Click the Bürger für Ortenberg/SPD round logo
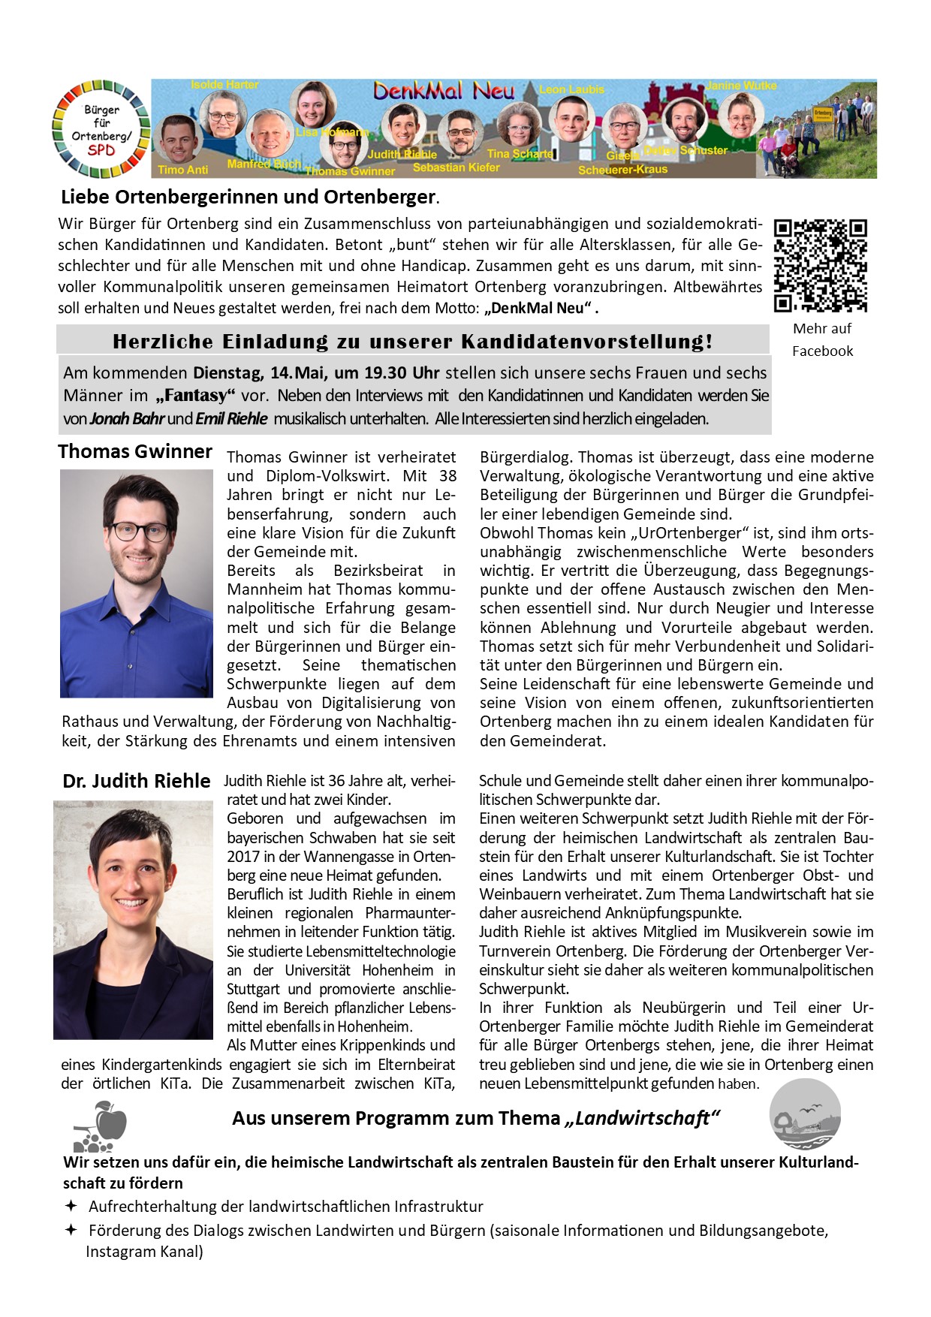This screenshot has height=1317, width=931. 101,129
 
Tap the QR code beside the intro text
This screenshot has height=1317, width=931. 821,265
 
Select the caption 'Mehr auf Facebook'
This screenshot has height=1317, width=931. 822,339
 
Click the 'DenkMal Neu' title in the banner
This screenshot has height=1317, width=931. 444,92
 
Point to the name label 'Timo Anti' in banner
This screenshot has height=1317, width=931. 182,170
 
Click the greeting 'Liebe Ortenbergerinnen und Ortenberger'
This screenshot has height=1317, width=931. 249,197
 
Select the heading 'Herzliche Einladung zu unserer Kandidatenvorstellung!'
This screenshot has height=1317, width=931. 412,342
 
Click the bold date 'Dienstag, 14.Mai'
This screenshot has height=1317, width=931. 259,373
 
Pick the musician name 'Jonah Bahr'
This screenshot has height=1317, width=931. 127,419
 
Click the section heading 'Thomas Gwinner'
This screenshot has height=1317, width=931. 135,451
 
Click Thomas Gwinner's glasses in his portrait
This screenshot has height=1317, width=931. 140,532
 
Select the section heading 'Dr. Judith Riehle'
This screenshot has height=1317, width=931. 136,781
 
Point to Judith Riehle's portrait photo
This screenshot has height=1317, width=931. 133,920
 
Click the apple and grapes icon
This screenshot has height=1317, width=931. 101,1126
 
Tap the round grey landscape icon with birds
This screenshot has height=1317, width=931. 805,1114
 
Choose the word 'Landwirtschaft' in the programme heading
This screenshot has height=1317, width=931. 642,1118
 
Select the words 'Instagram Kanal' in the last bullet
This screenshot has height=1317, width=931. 142,1252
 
